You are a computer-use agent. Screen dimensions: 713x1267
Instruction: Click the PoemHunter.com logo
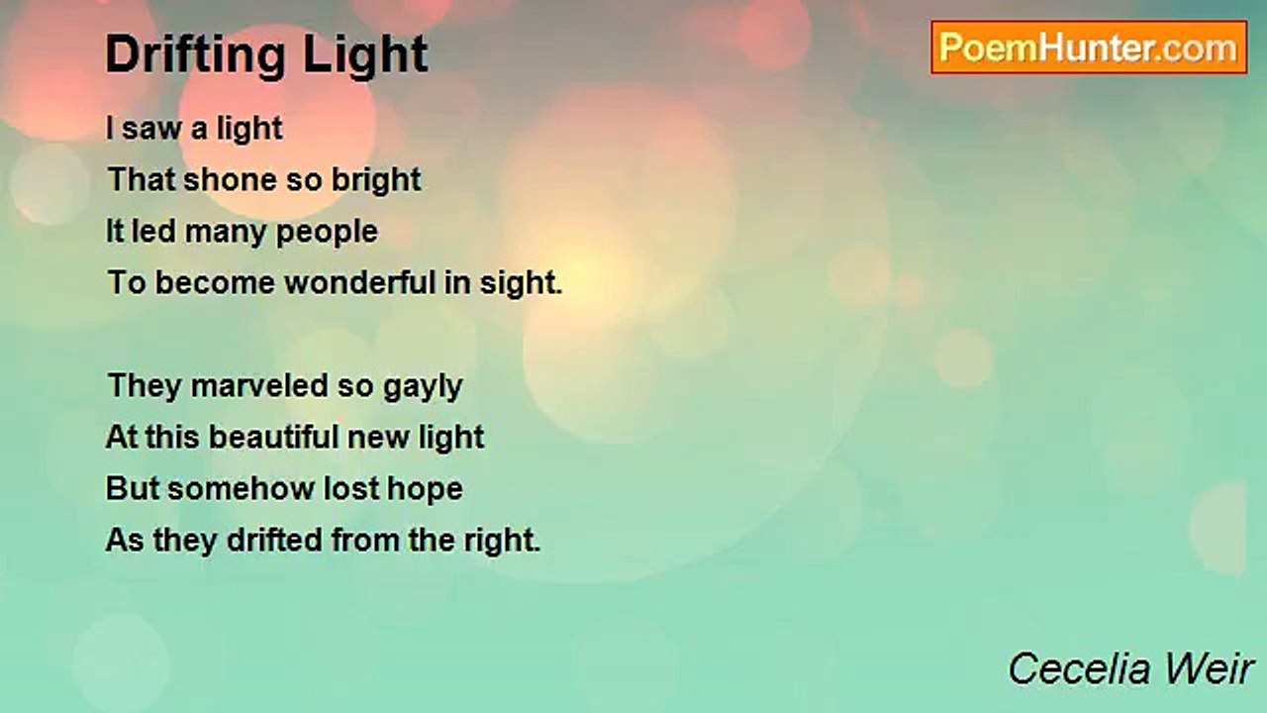(1089, 48)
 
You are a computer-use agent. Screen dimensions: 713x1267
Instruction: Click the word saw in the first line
(150, 129)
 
